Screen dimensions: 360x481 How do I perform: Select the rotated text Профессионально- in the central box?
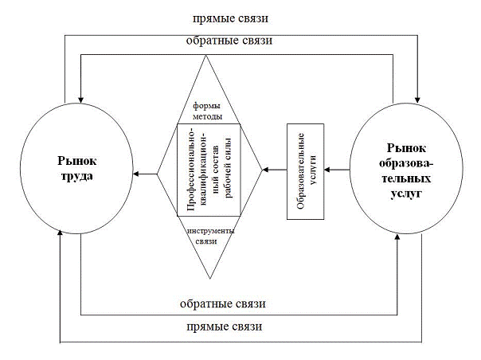(x=191, y=170)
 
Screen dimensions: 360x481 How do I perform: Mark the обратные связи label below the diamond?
(x=232, y=304)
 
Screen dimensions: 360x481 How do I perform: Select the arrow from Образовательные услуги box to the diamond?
(x=275, y=170)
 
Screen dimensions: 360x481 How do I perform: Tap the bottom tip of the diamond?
(x=209, y=279)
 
